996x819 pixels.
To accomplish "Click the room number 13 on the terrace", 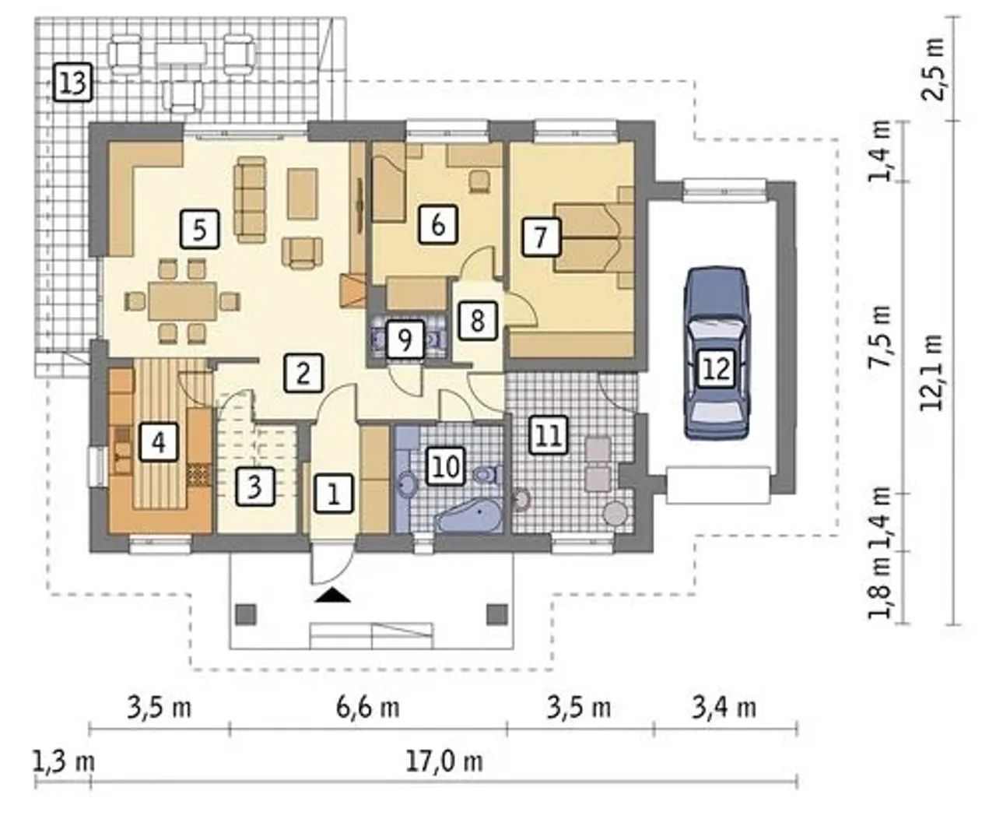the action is (73, 83).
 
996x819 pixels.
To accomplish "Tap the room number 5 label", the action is (199, 230).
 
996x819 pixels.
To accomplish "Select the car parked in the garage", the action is (717, 353).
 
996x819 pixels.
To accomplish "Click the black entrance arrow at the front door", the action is (333, 595).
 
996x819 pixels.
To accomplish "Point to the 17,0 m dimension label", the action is (444, 761).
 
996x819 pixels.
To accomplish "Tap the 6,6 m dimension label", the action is (368, 708).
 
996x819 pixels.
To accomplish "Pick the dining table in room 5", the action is (183, 301).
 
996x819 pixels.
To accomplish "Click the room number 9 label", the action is (405, 339).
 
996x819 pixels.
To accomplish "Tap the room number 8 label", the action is (477, 321).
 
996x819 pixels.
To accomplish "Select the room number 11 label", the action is (548, 434).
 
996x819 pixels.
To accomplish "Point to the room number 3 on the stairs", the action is (254, 487).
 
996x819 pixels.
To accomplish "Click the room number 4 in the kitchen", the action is (159, 442).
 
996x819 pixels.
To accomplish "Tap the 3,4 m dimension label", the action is (724, 708).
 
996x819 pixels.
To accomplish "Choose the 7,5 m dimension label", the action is (879, 336).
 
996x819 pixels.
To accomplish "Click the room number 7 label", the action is (541, 237).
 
